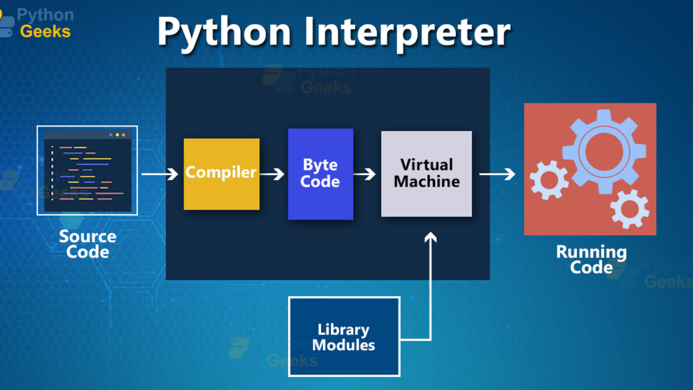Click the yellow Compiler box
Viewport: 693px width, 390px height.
click(x=222, y=174)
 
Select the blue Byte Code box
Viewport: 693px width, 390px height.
click(x=321, y=174)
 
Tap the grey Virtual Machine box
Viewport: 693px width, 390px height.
click(x=426, y=174)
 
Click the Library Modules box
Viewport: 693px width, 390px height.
click(x=344, y=336)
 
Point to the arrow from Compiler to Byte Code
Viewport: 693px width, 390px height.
click(x=271, y=174)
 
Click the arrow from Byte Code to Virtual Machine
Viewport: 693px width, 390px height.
click(x=364, y=174)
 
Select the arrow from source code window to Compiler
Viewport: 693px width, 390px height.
click(x=159, y=174)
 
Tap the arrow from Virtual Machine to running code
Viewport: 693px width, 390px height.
click(x=497, y=174)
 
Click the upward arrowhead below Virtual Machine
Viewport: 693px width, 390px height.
click(x=430, y=237)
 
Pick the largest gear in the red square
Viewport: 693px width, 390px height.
click(x=604, y=151)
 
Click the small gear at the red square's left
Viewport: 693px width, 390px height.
click(x=549, y=180)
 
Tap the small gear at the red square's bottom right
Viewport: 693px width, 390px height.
click(x=629, y=209)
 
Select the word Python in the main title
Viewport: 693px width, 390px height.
click(x=225, y=34)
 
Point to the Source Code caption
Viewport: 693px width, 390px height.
click(x=88, y=244)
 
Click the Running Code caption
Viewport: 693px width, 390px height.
click(x=591, y=259)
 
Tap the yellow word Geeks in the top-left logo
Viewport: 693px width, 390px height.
click(x=45, y=32)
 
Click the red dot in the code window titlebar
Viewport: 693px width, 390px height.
click(x=124, y=135)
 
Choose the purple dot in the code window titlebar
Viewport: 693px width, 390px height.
click(x=111, y=135)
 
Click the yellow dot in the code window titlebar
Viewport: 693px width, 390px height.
click(x=117, y=135)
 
